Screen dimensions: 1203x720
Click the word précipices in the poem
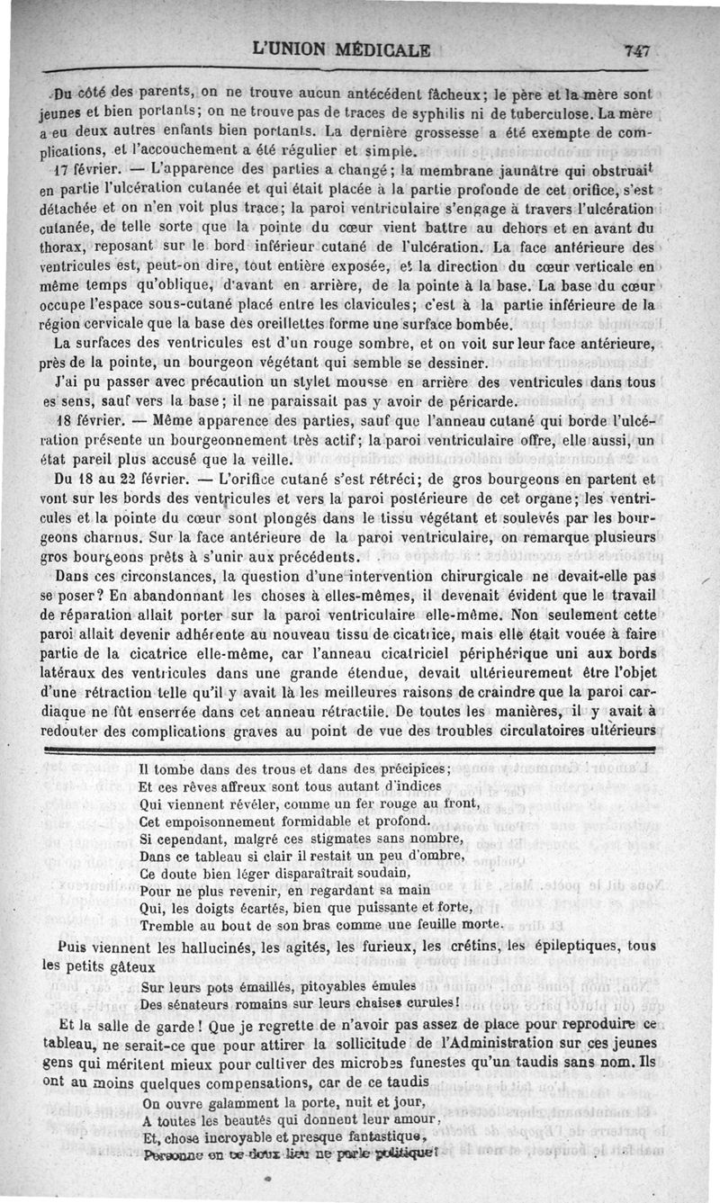(x=413, y=769)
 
